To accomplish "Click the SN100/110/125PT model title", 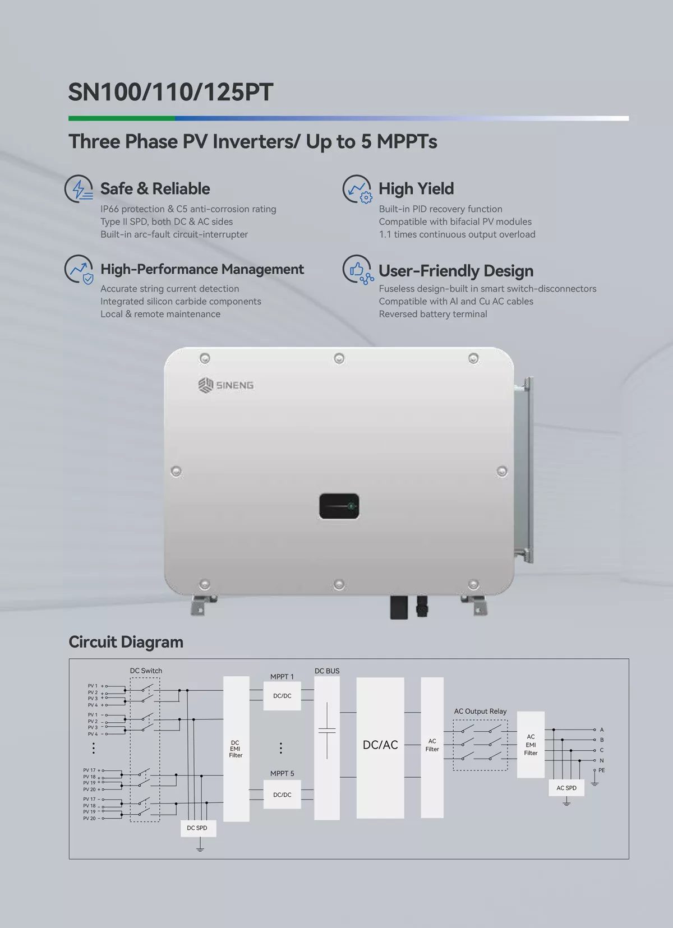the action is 170,92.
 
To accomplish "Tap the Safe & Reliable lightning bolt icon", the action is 79,189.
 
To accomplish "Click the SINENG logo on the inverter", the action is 226,385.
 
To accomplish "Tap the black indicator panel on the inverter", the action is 339,506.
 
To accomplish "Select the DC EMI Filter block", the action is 236,749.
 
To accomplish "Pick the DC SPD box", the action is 198,828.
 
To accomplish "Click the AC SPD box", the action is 566,788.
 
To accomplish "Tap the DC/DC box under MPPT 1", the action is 282,696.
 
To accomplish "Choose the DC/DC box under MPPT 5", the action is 282,795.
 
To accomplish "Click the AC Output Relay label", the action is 480,712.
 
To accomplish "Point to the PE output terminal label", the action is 602,770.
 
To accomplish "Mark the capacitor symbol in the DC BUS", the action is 327,731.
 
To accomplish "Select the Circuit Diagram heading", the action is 126,641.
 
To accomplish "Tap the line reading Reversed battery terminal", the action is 433,314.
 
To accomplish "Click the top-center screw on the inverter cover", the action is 339,358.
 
